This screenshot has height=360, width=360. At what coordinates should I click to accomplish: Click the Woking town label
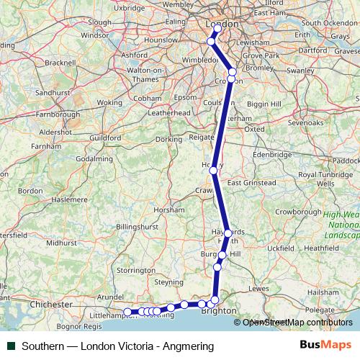tap(110, 103)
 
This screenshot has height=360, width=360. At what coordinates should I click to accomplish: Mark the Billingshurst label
tap(137, 226)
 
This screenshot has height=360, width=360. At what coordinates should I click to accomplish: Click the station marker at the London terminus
tap(217, 28)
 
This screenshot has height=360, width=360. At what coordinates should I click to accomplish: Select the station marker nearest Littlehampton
tap(128, 312)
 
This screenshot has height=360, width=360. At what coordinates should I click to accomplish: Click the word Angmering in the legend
tap(189, 346)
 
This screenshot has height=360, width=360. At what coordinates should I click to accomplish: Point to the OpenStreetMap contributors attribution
tap(297, 323)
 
